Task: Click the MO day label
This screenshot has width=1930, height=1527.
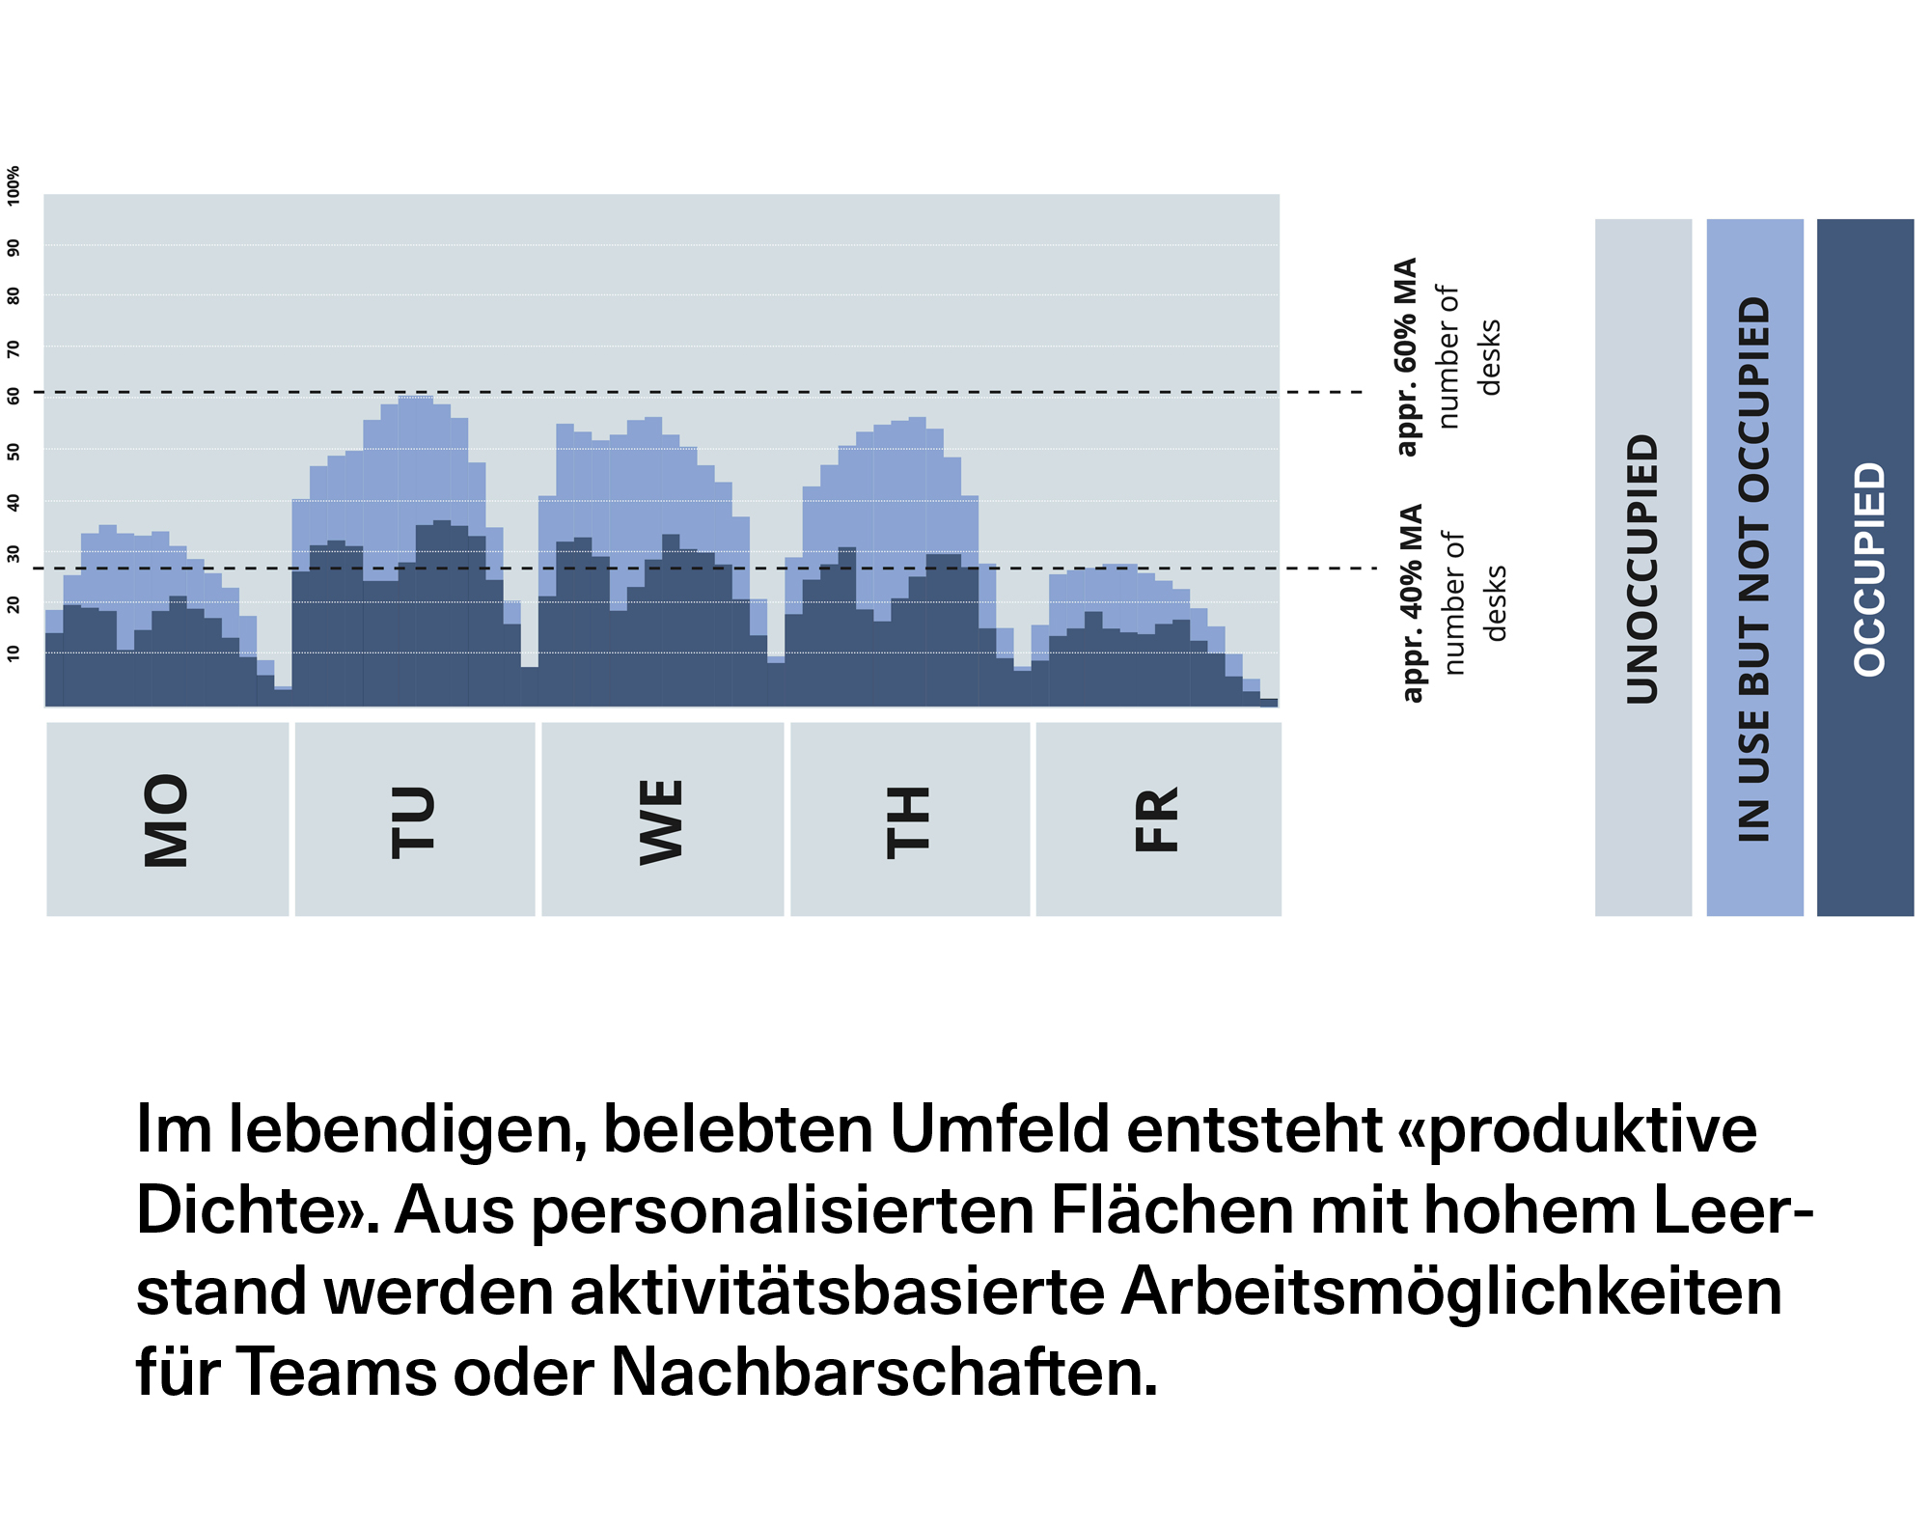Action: [166, 819]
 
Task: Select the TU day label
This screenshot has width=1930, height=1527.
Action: [414, 821]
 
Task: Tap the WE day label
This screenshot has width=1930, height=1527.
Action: [662, 821]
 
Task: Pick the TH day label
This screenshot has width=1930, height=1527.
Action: [909, 821]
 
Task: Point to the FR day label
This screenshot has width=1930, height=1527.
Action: [1158, 819]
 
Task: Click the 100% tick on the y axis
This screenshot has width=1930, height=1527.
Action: [14, 184]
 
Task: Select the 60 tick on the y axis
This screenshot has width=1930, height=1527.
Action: [14, 396]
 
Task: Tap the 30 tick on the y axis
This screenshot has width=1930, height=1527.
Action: [14, 553]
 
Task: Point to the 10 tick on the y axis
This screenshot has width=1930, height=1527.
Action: [14, 653]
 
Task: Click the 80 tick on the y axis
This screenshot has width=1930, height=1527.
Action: [14, 295]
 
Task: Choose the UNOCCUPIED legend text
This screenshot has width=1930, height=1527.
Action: [1642, 569]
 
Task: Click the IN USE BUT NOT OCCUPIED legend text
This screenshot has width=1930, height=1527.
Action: [1754, 569]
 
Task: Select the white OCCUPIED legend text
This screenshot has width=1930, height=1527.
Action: [1869, 569]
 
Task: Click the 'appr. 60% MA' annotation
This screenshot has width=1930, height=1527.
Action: [1406, 356]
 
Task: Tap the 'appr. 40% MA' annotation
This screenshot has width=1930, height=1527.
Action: [1411, 602]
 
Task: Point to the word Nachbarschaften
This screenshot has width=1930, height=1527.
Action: [883, 1372]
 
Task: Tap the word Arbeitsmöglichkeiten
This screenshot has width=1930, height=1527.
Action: [1450, 1291]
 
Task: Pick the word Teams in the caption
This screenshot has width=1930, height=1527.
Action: [336, 1372]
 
